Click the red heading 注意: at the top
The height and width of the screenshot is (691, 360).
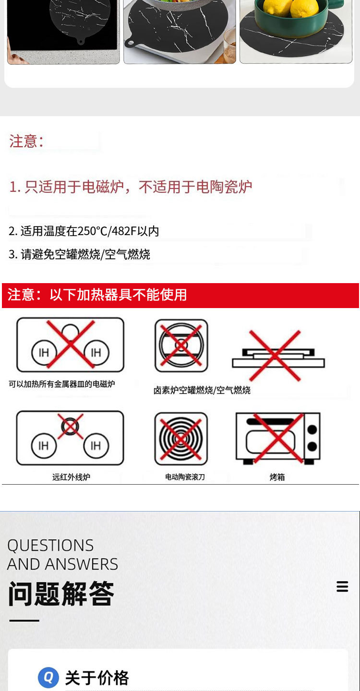[x=26, y=141]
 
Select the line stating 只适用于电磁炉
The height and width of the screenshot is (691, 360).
[x=131, y=187]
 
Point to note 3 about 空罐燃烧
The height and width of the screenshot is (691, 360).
[x=79, y=254]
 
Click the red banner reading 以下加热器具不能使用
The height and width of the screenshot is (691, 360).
[x=118, y=295]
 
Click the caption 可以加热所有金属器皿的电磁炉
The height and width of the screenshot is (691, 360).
[x=62, y=384]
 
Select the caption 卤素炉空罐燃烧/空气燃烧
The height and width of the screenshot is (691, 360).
[x=202, y=390]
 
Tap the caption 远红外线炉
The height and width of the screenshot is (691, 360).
[x=71, y=477]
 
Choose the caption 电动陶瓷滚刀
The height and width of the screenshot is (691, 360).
[x=185, y=477]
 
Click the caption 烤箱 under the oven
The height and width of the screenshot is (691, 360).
[x=277, y=477]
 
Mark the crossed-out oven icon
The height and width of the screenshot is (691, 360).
[x=278, y=438]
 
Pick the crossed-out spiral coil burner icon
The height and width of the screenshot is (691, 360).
[x=181, y=438]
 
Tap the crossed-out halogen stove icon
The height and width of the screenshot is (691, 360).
[x=181, y=345]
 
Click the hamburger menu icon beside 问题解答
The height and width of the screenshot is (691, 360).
[x=342, y=586]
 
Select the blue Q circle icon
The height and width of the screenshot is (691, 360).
[x=48, y=678]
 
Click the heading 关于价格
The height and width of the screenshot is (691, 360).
[x=97, y=678]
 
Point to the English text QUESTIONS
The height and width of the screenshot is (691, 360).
[x=50, y=546]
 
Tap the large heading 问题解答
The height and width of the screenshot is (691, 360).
[x=61, y=594]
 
